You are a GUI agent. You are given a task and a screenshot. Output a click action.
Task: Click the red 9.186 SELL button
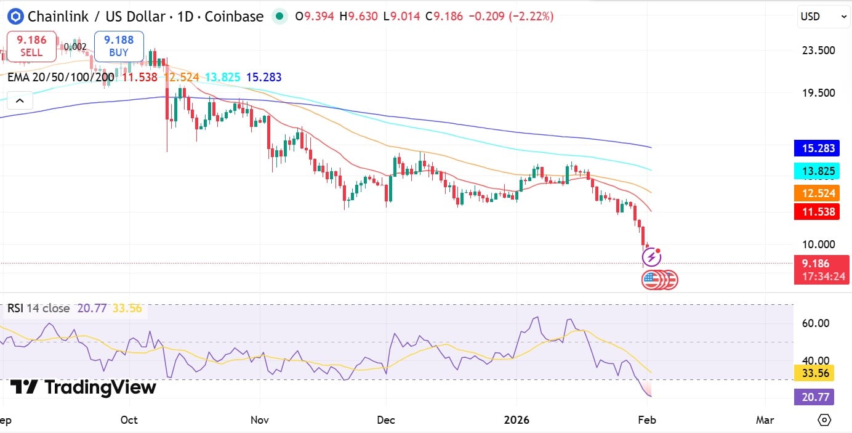31,46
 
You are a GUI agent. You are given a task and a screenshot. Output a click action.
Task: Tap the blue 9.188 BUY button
119,46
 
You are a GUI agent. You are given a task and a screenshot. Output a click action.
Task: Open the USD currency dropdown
823,17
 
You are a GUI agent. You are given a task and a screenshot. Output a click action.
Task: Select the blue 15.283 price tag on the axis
818,148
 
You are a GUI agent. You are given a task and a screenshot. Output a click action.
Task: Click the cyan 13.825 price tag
818,171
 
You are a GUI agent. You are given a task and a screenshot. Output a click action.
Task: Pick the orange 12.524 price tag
818,193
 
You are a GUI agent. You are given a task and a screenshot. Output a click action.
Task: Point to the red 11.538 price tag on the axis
818,212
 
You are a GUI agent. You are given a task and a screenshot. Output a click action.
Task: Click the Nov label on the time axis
260,420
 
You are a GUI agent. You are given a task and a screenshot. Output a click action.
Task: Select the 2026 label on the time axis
516,420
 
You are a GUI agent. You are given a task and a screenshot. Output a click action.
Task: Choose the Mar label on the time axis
765,420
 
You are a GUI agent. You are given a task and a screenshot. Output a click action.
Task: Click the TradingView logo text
83,387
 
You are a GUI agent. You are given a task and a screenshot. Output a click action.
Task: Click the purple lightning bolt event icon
651,256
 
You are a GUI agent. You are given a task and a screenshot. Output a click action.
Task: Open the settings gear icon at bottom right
824,420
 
